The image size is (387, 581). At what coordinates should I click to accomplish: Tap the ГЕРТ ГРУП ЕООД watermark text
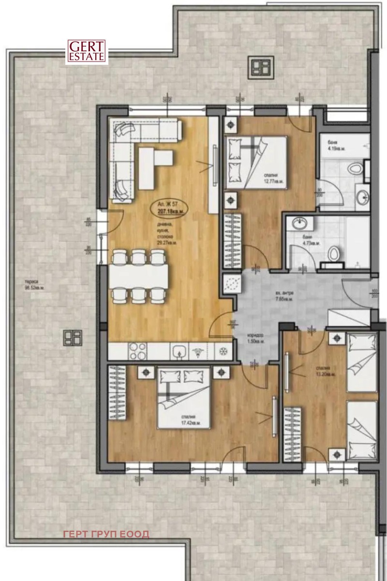pos(106,534)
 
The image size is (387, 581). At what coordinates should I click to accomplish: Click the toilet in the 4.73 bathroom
pos(332,253)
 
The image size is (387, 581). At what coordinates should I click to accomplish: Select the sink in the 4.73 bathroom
pos(298,223)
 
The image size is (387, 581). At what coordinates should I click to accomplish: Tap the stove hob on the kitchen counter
pos(136,352)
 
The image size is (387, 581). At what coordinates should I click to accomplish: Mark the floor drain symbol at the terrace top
pos(260,67)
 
